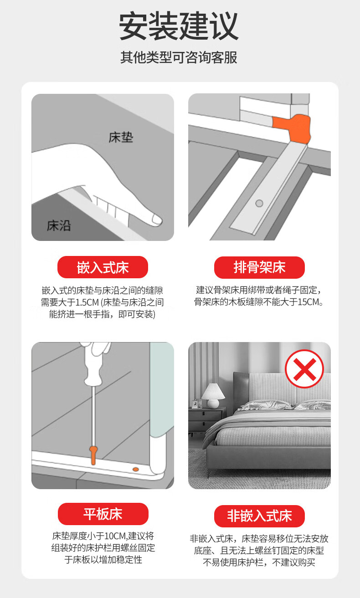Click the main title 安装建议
(x=178, y=26)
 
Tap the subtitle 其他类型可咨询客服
(x=179, y=57)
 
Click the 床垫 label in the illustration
(x=121, y=137)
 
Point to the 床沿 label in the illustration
(x=59, y=225)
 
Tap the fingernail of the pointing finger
(x=156, y=220)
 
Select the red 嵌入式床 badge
(x=103, y=267)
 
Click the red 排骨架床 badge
(x=259, y=267)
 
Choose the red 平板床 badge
(x=103, y=514)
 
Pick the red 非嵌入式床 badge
(x=259, y=516)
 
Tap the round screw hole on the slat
(x=259, y=203)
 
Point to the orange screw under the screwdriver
(x=93, y=455)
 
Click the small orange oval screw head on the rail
(x=136, y=469)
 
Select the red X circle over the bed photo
(x=304, y=368)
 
